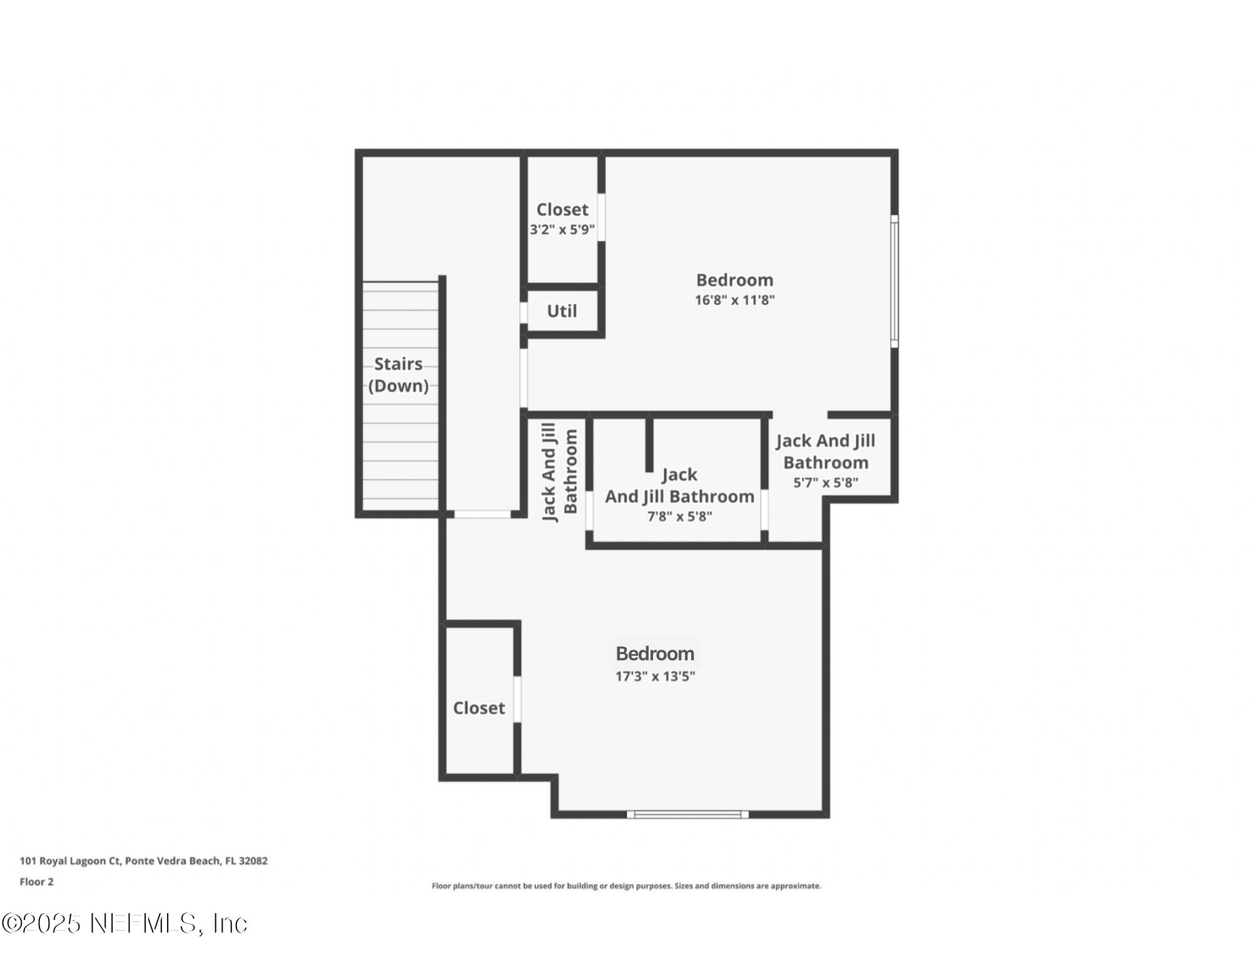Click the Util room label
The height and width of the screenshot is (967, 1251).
pos(562,311)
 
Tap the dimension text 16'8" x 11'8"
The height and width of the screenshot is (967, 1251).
pos(734,300)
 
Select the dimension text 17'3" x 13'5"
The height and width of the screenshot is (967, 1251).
pos(655,676)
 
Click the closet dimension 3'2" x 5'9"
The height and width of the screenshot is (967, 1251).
pos(562,230)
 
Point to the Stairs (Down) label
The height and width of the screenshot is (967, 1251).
pos(398,374)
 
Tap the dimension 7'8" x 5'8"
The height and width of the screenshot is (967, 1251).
pos(679,516)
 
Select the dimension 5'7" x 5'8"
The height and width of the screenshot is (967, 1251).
pos(826,483)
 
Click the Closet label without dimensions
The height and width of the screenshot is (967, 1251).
pos(479,708)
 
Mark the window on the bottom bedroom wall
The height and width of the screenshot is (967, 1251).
pos(687,814)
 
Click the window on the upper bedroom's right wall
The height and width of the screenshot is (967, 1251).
pos(894,281)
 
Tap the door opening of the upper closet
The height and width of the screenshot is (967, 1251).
pos(601,217)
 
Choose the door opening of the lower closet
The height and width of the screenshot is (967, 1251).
pos(517,699)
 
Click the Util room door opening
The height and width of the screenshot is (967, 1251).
pos(524,312)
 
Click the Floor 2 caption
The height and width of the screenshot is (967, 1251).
pos(36,882)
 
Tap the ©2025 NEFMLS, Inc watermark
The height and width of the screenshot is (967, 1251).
pos(124,924)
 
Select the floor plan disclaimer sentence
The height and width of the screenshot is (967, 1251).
pos(626,886)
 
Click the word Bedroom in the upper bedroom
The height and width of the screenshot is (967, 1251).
pos(734,280)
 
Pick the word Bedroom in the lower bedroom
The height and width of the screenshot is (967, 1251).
pos(655,653)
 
